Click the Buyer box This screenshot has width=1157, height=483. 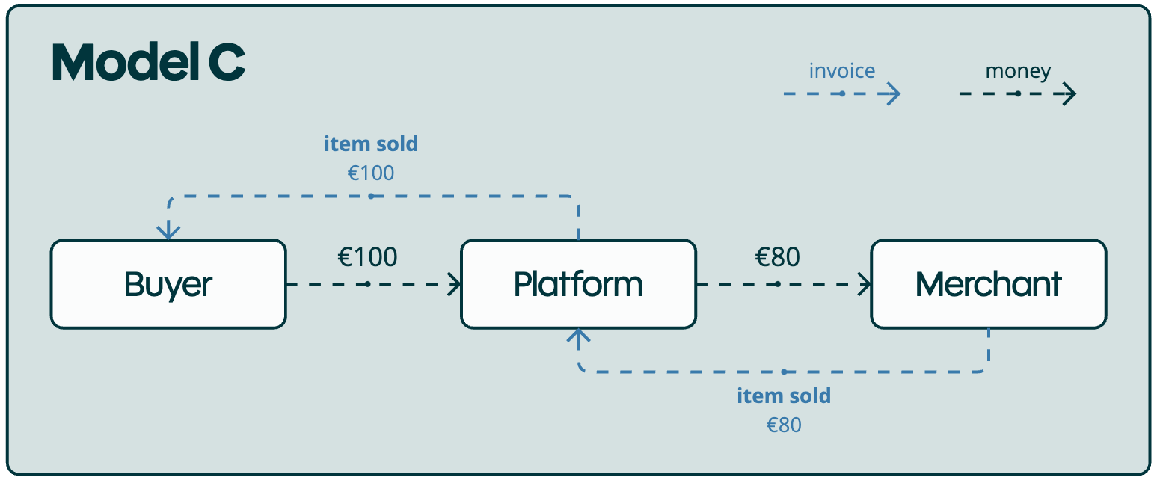[x=168, y=284]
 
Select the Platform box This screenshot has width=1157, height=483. [x=578, y=284]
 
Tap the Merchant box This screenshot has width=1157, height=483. [x=988, y=284]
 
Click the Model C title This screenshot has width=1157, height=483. [x=148, y=64]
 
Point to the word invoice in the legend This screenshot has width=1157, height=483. [x=841, y=71]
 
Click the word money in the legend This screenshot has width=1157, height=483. [x=1018, y=71]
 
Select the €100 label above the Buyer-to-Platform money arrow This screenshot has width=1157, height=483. [x=367, y=257]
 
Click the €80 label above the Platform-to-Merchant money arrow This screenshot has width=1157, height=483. [x=778, y=257]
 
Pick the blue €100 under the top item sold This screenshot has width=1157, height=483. [x=371, y=173]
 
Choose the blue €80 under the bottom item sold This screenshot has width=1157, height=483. [x=784, y=425]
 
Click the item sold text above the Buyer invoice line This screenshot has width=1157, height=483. [x=371, y=144]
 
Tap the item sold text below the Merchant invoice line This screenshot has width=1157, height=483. [x=784, y=396]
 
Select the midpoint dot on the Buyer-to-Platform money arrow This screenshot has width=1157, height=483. [x=367, y=284]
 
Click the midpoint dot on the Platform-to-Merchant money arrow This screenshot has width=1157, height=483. [x=778, y=284]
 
